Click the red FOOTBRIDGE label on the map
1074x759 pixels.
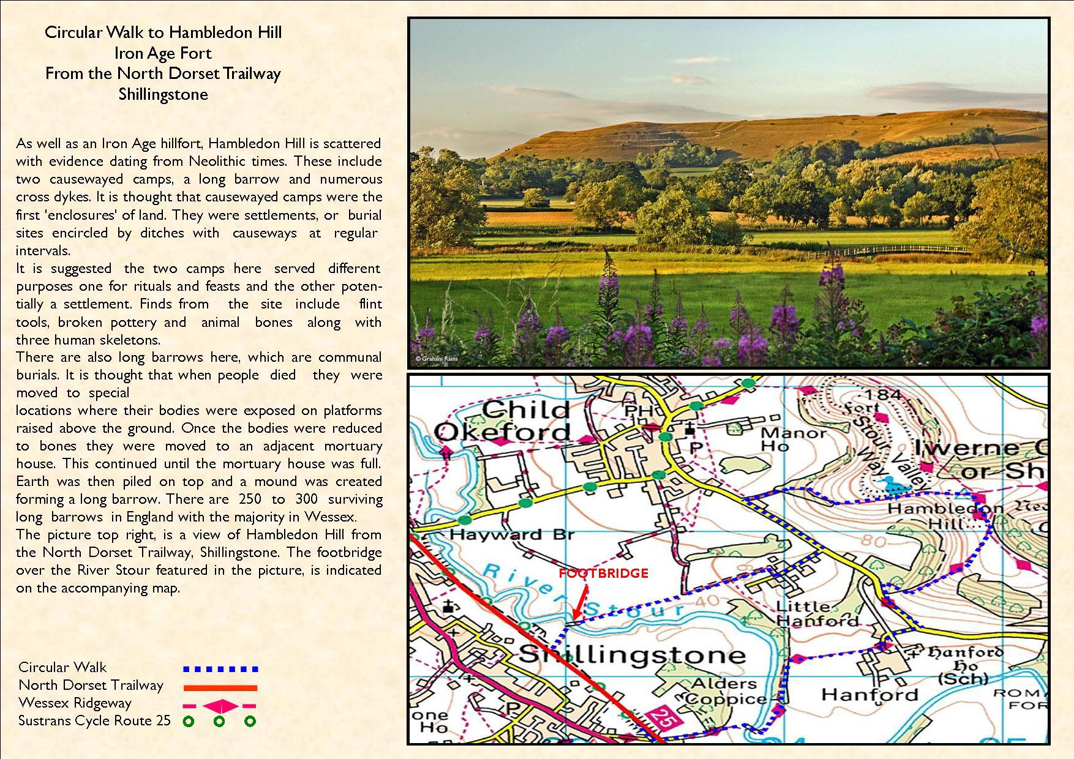pyautogui.click(x=603, y=574)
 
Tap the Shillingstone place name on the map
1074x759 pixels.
pyautogui.click(x=632, y=654)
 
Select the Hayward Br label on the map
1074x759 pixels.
pyautogui.click(x=512, y=534)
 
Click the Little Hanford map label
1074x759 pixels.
pyautogui.click(x=817, y=613)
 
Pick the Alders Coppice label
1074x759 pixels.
pyautogui.click(x=725, y=691)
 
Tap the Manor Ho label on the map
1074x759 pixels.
pyautogui.click(x=793, y=439)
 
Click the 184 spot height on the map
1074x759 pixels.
pyautogui.click(x=884, y=395)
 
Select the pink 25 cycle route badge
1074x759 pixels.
pyautogui.click(x=658, y=717)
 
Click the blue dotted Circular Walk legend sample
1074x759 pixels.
pyautogui.click(x=220, y=670)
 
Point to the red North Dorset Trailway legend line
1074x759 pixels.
pyautogui.click(x=220, y=687)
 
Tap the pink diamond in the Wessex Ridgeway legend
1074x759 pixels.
pyautogui.click(x=220, y=706)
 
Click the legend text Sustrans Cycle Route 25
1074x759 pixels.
pyautogui.click(x=94, y=720)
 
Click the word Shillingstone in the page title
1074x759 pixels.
pyautogui.click(x=163, y=94)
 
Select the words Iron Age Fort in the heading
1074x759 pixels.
pyautogui.click(x=163, y=53)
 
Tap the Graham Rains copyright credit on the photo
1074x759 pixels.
pyautogui.click(x=437, y=359)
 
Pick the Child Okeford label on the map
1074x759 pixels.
pyautogui.click(x=503, y=421)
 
